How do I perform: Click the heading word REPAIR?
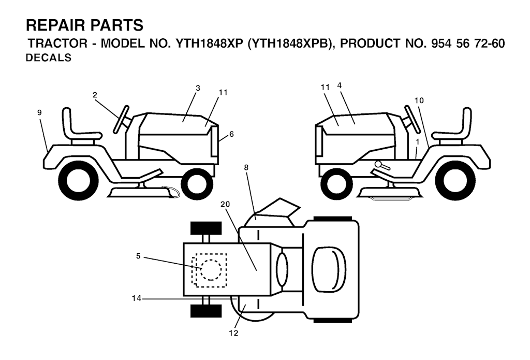coord(55,25)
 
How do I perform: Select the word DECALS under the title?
coord(49,58)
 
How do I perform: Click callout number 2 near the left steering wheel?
coord(95,95)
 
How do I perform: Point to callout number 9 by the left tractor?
coord(39,113)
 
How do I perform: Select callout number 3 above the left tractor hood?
coord(198,88)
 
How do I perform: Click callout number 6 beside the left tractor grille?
coord(231,134)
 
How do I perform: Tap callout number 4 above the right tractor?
coord(340,85)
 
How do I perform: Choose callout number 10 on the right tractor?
coord(419,100)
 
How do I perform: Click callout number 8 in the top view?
coord(246,167)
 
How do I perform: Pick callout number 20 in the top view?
coord(225,205)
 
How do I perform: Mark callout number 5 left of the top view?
coord(138,256)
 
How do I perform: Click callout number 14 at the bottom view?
coord(137,298)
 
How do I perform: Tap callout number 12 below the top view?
coord(233,333)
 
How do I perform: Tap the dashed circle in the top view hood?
coord(211,270)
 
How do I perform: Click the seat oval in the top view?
coord(328,269)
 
